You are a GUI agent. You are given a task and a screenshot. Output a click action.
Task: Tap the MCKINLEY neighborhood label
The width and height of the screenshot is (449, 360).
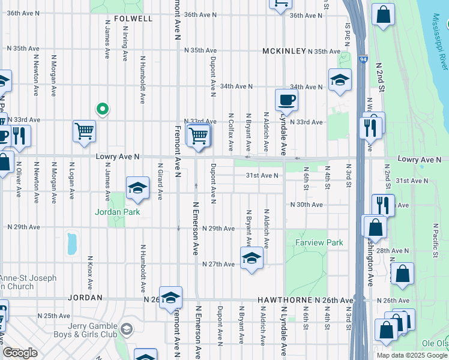(285, 52)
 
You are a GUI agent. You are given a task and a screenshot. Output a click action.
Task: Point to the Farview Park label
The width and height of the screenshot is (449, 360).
(319, 243)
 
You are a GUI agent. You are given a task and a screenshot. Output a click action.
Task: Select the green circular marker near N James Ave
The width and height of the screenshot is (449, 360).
(103, 109)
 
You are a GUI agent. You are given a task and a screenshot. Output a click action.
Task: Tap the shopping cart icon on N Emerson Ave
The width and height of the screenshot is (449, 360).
(198, 134)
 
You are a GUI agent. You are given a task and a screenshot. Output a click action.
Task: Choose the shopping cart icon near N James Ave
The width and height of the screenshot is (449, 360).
(85, 131)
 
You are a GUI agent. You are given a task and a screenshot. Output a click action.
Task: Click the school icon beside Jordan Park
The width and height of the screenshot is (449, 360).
(137, 188)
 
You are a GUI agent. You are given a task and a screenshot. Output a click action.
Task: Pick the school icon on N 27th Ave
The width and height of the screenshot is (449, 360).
(252, 259)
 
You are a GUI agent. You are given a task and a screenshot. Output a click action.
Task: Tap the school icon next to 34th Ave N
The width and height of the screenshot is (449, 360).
(339, 80)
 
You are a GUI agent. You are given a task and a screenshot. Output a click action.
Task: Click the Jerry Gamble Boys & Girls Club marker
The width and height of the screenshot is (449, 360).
(127, 329)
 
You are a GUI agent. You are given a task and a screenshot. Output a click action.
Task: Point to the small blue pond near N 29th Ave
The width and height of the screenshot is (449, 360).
(73, 243)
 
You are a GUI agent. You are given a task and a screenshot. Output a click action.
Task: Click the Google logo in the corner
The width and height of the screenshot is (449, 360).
(20, 353)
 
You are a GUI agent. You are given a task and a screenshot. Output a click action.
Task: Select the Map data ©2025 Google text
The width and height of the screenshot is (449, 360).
(412, 355)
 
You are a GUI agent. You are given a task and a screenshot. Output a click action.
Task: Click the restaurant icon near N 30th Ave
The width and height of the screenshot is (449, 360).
(382, 205)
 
